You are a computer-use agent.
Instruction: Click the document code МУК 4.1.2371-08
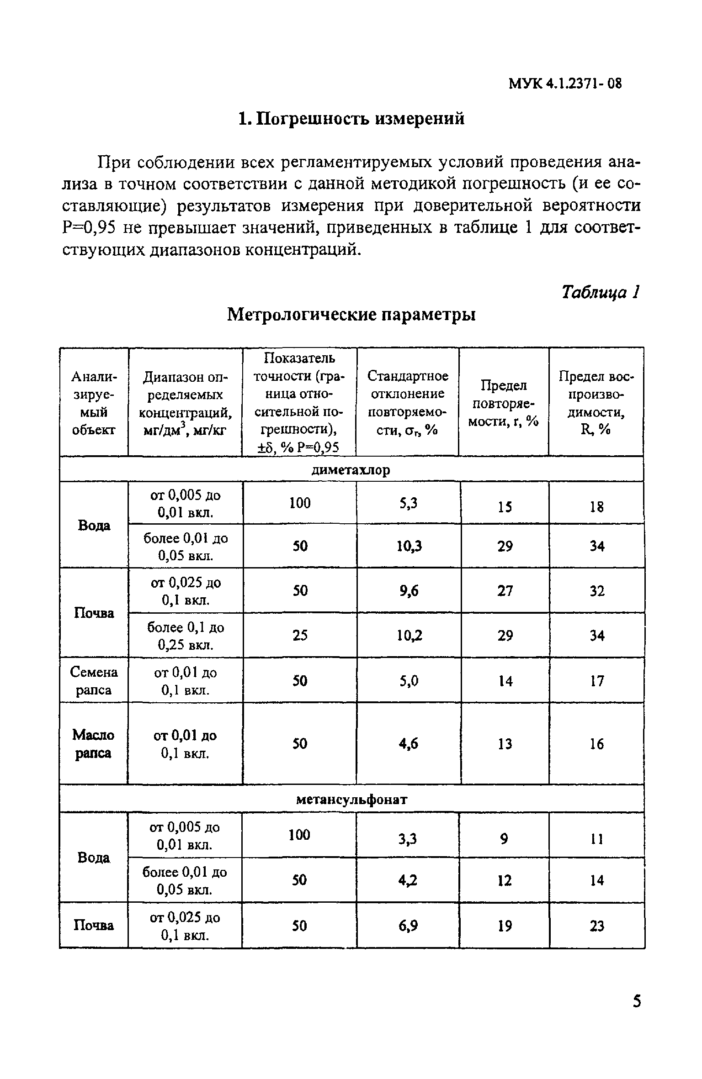565,84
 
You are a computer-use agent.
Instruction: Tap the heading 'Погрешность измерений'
351,119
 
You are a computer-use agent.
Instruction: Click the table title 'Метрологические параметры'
351,315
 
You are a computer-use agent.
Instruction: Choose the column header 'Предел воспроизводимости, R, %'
596,403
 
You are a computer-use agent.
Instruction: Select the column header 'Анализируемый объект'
94,403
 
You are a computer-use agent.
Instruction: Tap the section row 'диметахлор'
351,470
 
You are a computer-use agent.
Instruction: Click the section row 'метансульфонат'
351,799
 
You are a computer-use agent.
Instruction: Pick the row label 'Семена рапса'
94,681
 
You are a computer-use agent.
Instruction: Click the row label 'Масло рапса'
94,743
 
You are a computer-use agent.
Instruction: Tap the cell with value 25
300,636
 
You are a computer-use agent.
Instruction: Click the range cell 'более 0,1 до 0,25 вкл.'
186,636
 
